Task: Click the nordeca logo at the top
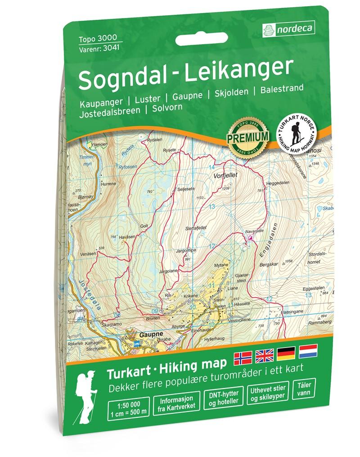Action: click(288, 30)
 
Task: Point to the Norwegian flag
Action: click(243, 358)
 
